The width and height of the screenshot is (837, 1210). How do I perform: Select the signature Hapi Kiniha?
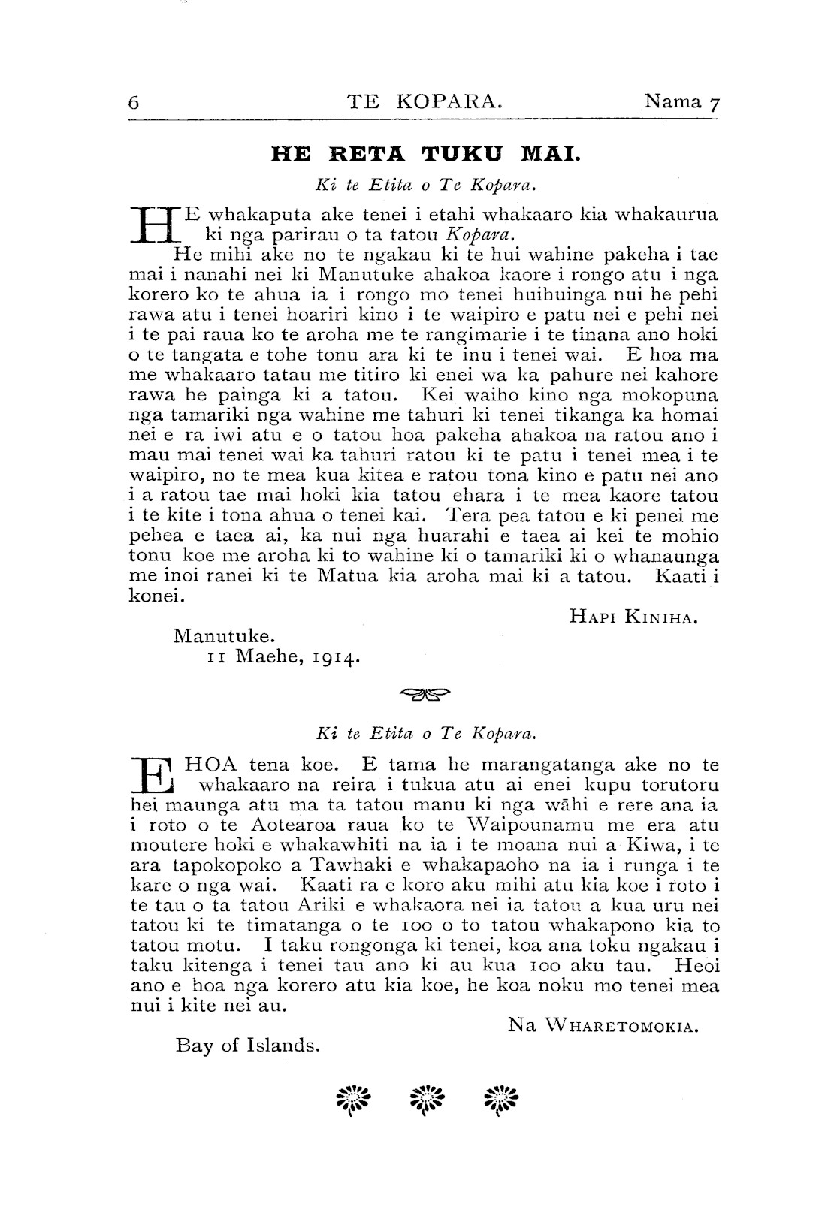[x=634, y=617]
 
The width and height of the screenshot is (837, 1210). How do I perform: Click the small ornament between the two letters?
[x=425, y=694]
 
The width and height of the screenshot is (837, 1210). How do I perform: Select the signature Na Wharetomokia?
[x=603, y=1024]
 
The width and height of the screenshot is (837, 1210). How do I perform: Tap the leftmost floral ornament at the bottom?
[x=350, y=1101]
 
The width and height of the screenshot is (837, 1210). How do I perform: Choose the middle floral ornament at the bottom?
[x=425, y=1101]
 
